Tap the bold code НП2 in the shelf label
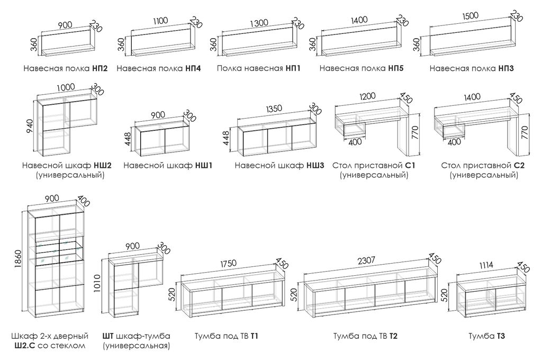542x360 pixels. click(x=99, y=68)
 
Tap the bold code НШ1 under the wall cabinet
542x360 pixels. click(x=204, y=166)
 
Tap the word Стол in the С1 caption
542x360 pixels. click(x=342, y=166)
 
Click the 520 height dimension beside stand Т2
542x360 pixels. click(x=294, y=298)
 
